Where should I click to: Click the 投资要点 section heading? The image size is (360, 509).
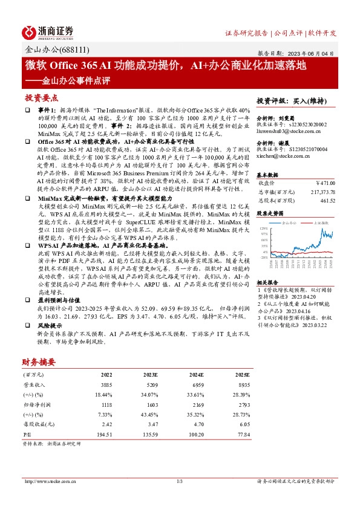coord(41,97)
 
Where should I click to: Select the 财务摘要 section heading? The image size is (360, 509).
coord(39,362)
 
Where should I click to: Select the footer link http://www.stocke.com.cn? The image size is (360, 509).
coord(49,481)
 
